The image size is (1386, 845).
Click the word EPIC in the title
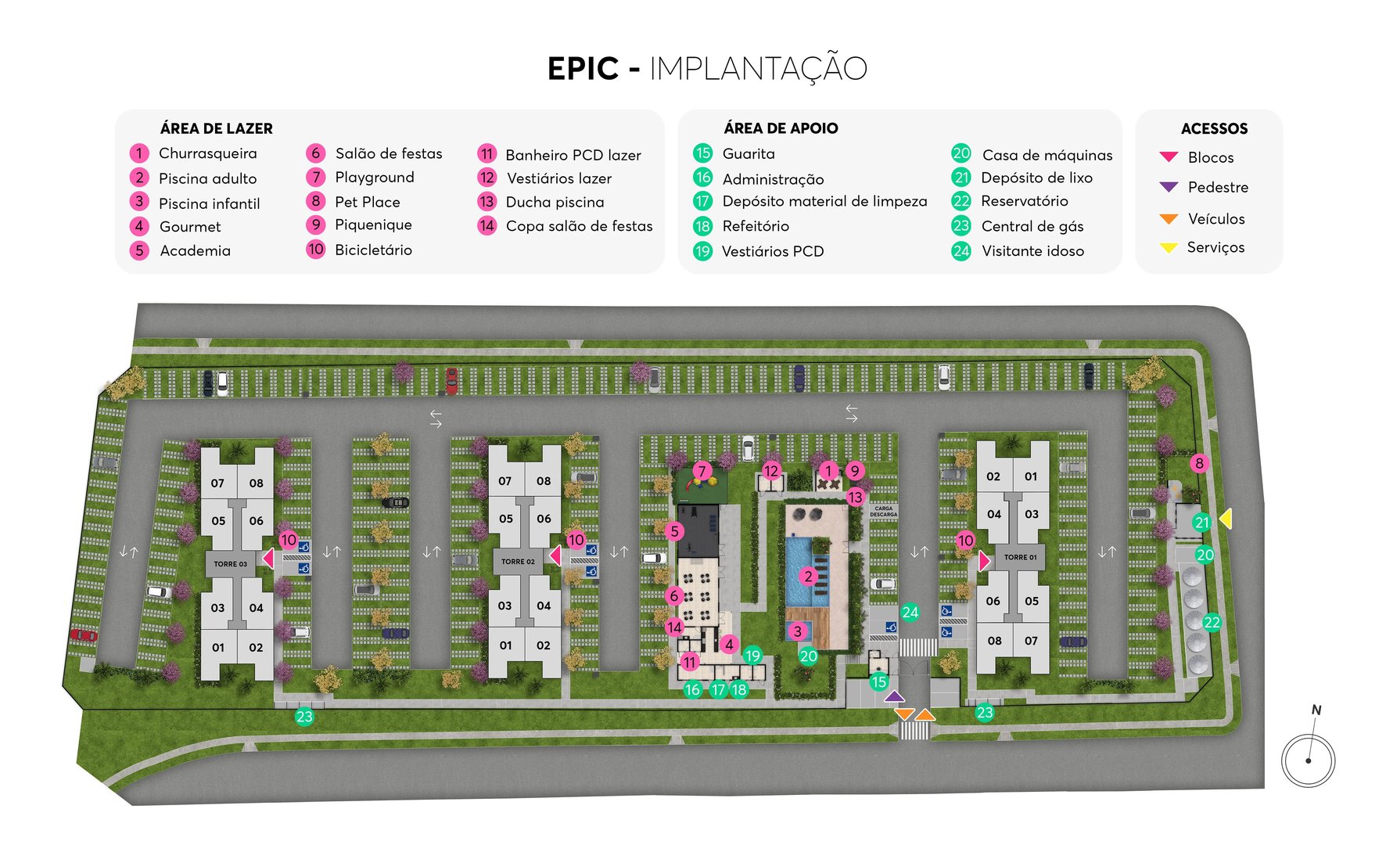(x=583, y=69)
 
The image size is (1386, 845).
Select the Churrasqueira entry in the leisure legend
(x=207, y=153)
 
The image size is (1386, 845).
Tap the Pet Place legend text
(x=367, y=202)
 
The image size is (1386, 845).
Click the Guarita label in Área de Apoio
(x=748, y=154)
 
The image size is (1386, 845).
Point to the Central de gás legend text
(x=1032, y=226)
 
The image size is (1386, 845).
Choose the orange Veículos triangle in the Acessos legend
(x=1169, y=219)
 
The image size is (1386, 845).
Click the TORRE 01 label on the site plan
(x=1020, y=557)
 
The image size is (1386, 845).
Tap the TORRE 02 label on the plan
(x=518, y=562)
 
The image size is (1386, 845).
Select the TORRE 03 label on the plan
(x=230, y=563)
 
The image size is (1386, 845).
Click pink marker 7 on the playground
(x=702, y=471)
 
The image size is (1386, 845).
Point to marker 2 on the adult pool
(x=808, y=577)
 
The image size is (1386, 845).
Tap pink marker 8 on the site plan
(x=1199, y=463)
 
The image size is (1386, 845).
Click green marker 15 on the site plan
(x=879, y=681)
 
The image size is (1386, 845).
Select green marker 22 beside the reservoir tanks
(x=1212, y=623)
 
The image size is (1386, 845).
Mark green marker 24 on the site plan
(x=910, y=613)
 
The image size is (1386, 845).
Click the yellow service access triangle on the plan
(x=1226, y=518)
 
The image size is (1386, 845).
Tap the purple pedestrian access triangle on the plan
(x=894, y=696)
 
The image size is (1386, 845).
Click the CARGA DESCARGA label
(x=883, y=511)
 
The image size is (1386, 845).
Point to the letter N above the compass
(x=1316, y=710)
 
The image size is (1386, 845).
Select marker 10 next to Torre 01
(x=965, y=541)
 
